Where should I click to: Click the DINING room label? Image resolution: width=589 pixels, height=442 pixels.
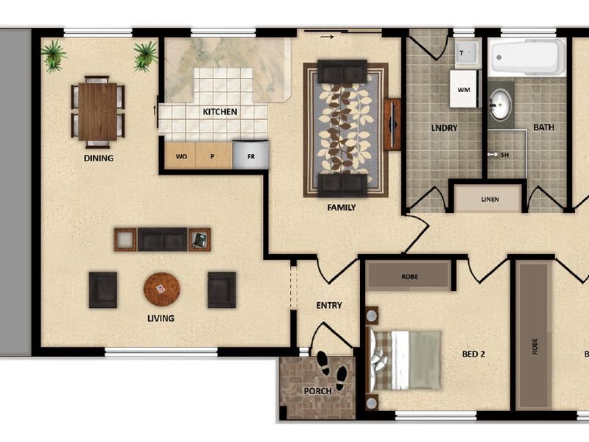(99, 158)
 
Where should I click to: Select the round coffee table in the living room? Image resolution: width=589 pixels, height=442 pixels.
(161, 290)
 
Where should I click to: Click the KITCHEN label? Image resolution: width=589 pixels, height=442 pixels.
(220, 112)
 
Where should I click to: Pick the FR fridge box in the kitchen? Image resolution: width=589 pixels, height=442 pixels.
(250, 156)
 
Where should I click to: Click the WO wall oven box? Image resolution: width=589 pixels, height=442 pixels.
(181, 156)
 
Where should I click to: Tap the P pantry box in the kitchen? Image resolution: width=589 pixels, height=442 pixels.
(214, 156)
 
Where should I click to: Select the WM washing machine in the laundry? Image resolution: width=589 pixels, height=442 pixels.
(465, 89)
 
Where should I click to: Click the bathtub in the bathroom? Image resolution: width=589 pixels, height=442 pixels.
(528, 57)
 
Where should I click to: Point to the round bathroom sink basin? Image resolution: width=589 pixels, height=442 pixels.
(501, 104)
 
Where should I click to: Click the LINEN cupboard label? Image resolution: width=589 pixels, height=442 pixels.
(490, 199)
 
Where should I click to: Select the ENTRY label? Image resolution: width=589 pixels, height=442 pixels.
(328, 305)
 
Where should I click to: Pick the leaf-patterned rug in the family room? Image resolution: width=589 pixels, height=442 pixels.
(345, 129)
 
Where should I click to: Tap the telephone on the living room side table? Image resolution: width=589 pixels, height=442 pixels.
(199, 239)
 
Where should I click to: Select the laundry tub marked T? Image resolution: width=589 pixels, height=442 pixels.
(465, 53)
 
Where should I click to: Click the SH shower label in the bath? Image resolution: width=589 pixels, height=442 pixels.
(505, 155)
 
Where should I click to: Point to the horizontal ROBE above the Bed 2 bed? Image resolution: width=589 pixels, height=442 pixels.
(409, 276)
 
